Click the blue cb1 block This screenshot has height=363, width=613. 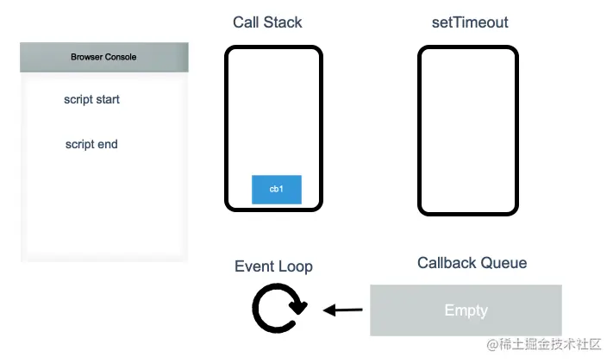[276, 189]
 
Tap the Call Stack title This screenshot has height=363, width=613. [267, 22]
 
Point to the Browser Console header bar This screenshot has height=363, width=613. [103, 58]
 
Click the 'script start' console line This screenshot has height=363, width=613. [91, 100]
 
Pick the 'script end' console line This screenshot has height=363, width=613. [91, 145]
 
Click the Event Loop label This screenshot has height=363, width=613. [273, 266]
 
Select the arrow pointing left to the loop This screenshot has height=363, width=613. [343, 310]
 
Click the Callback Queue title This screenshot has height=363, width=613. [472, 263]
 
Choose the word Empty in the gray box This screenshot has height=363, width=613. [466, 310]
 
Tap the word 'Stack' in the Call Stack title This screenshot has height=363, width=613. [285, 22]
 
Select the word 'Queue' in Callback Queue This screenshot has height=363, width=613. [504, 263]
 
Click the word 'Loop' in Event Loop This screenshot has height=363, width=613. [295, 266]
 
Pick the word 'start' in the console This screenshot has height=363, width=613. [107, 100]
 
